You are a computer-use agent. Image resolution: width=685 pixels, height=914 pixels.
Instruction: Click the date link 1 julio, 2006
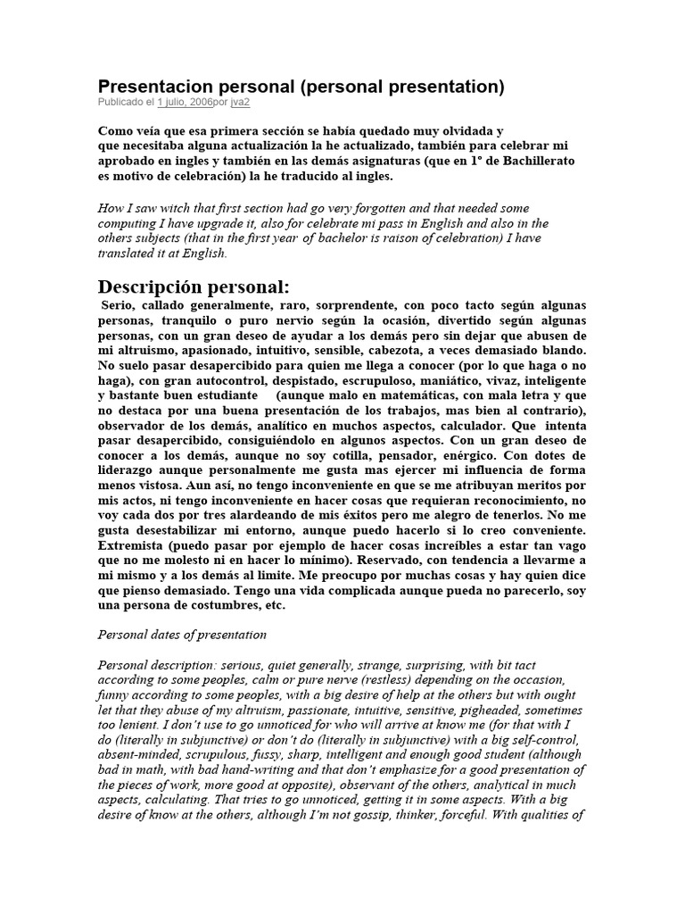184,103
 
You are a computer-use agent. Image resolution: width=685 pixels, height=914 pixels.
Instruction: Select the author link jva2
240,103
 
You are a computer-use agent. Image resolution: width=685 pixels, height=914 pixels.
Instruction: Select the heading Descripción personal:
194,287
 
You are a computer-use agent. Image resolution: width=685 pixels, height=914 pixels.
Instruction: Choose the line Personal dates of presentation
182,635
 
